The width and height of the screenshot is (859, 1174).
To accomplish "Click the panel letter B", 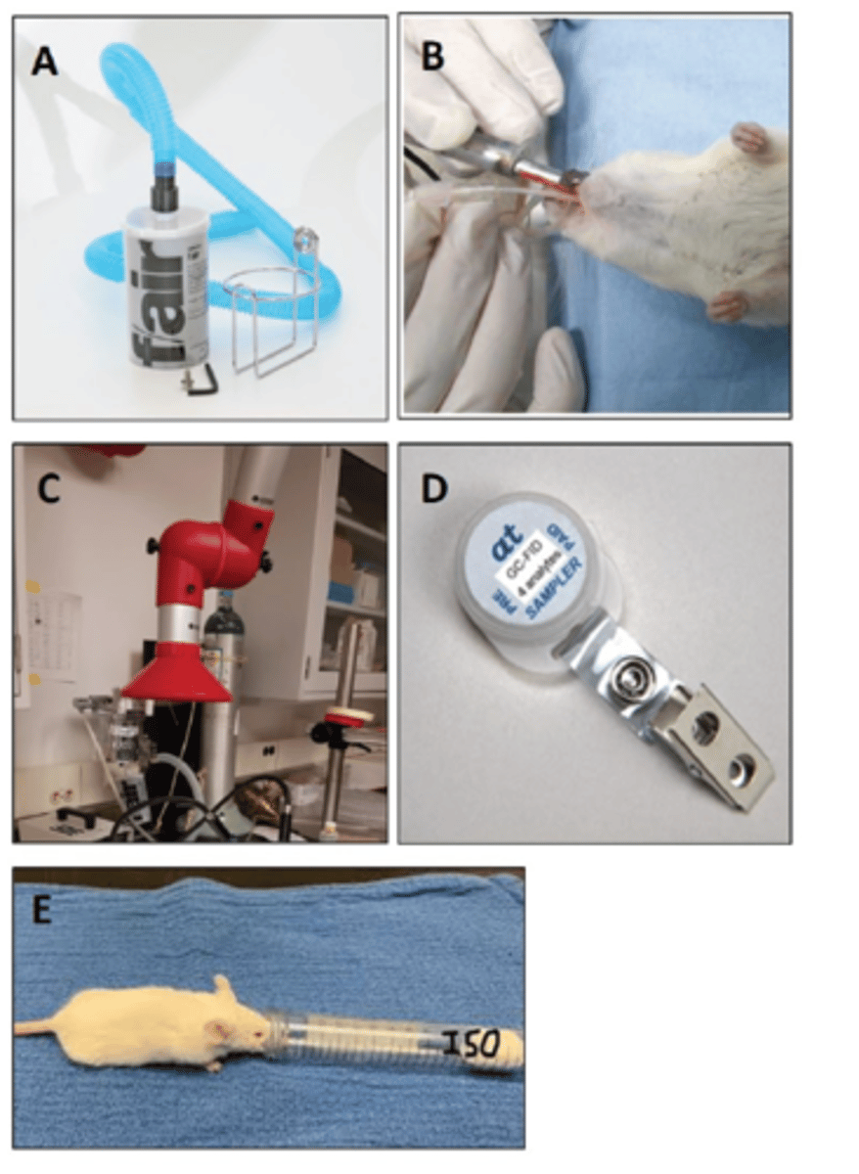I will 431,56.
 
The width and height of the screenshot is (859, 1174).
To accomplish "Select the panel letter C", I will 45,487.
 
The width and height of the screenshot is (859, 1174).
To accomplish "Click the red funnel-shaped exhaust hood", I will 177,674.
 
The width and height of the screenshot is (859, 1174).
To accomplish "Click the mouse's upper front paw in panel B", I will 749,137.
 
